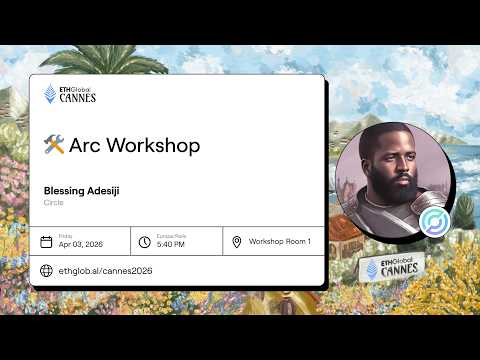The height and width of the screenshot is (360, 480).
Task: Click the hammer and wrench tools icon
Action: tap(54, 145)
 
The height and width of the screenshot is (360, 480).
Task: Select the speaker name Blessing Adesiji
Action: tap(82, 190)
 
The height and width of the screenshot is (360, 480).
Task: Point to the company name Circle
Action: tap(53, 202)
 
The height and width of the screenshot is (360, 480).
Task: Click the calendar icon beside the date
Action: tap(46, 241)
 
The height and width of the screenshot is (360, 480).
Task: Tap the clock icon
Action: tap(144, 241)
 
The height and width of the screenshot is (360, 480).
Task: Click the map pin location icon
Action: tap(236, 241)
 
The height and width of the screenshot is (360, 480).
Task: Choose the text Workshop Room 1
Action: tap(280, 241)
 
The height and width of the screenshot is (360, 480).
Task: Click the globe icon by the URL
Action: tap(46, 270)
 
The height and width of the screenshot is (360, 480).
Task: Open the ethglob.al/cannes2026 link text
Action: tap(105, 270)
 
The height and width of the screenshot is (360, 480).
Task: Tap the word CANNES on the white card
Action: tap(78, 99)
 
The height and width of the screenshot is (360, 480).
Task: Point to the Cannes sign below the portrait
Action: tap(392, 268)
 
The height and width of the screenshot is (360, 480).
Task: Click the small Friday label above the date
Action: tap(65, 235)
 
